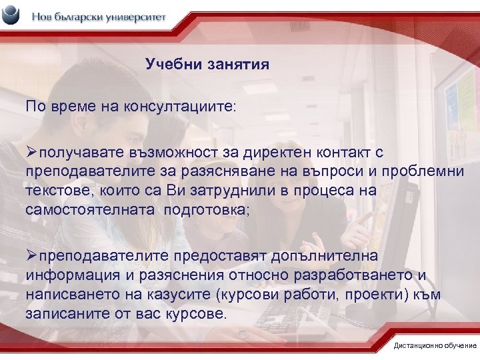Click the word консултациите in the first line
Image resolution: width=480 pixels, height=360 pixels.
[x=176, y=106]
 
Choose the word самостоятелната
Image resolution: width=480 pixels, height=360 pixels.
[x=81, y=209]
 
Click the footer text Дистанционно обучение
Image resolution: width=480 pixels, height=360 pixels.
[x=435, y=345]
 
